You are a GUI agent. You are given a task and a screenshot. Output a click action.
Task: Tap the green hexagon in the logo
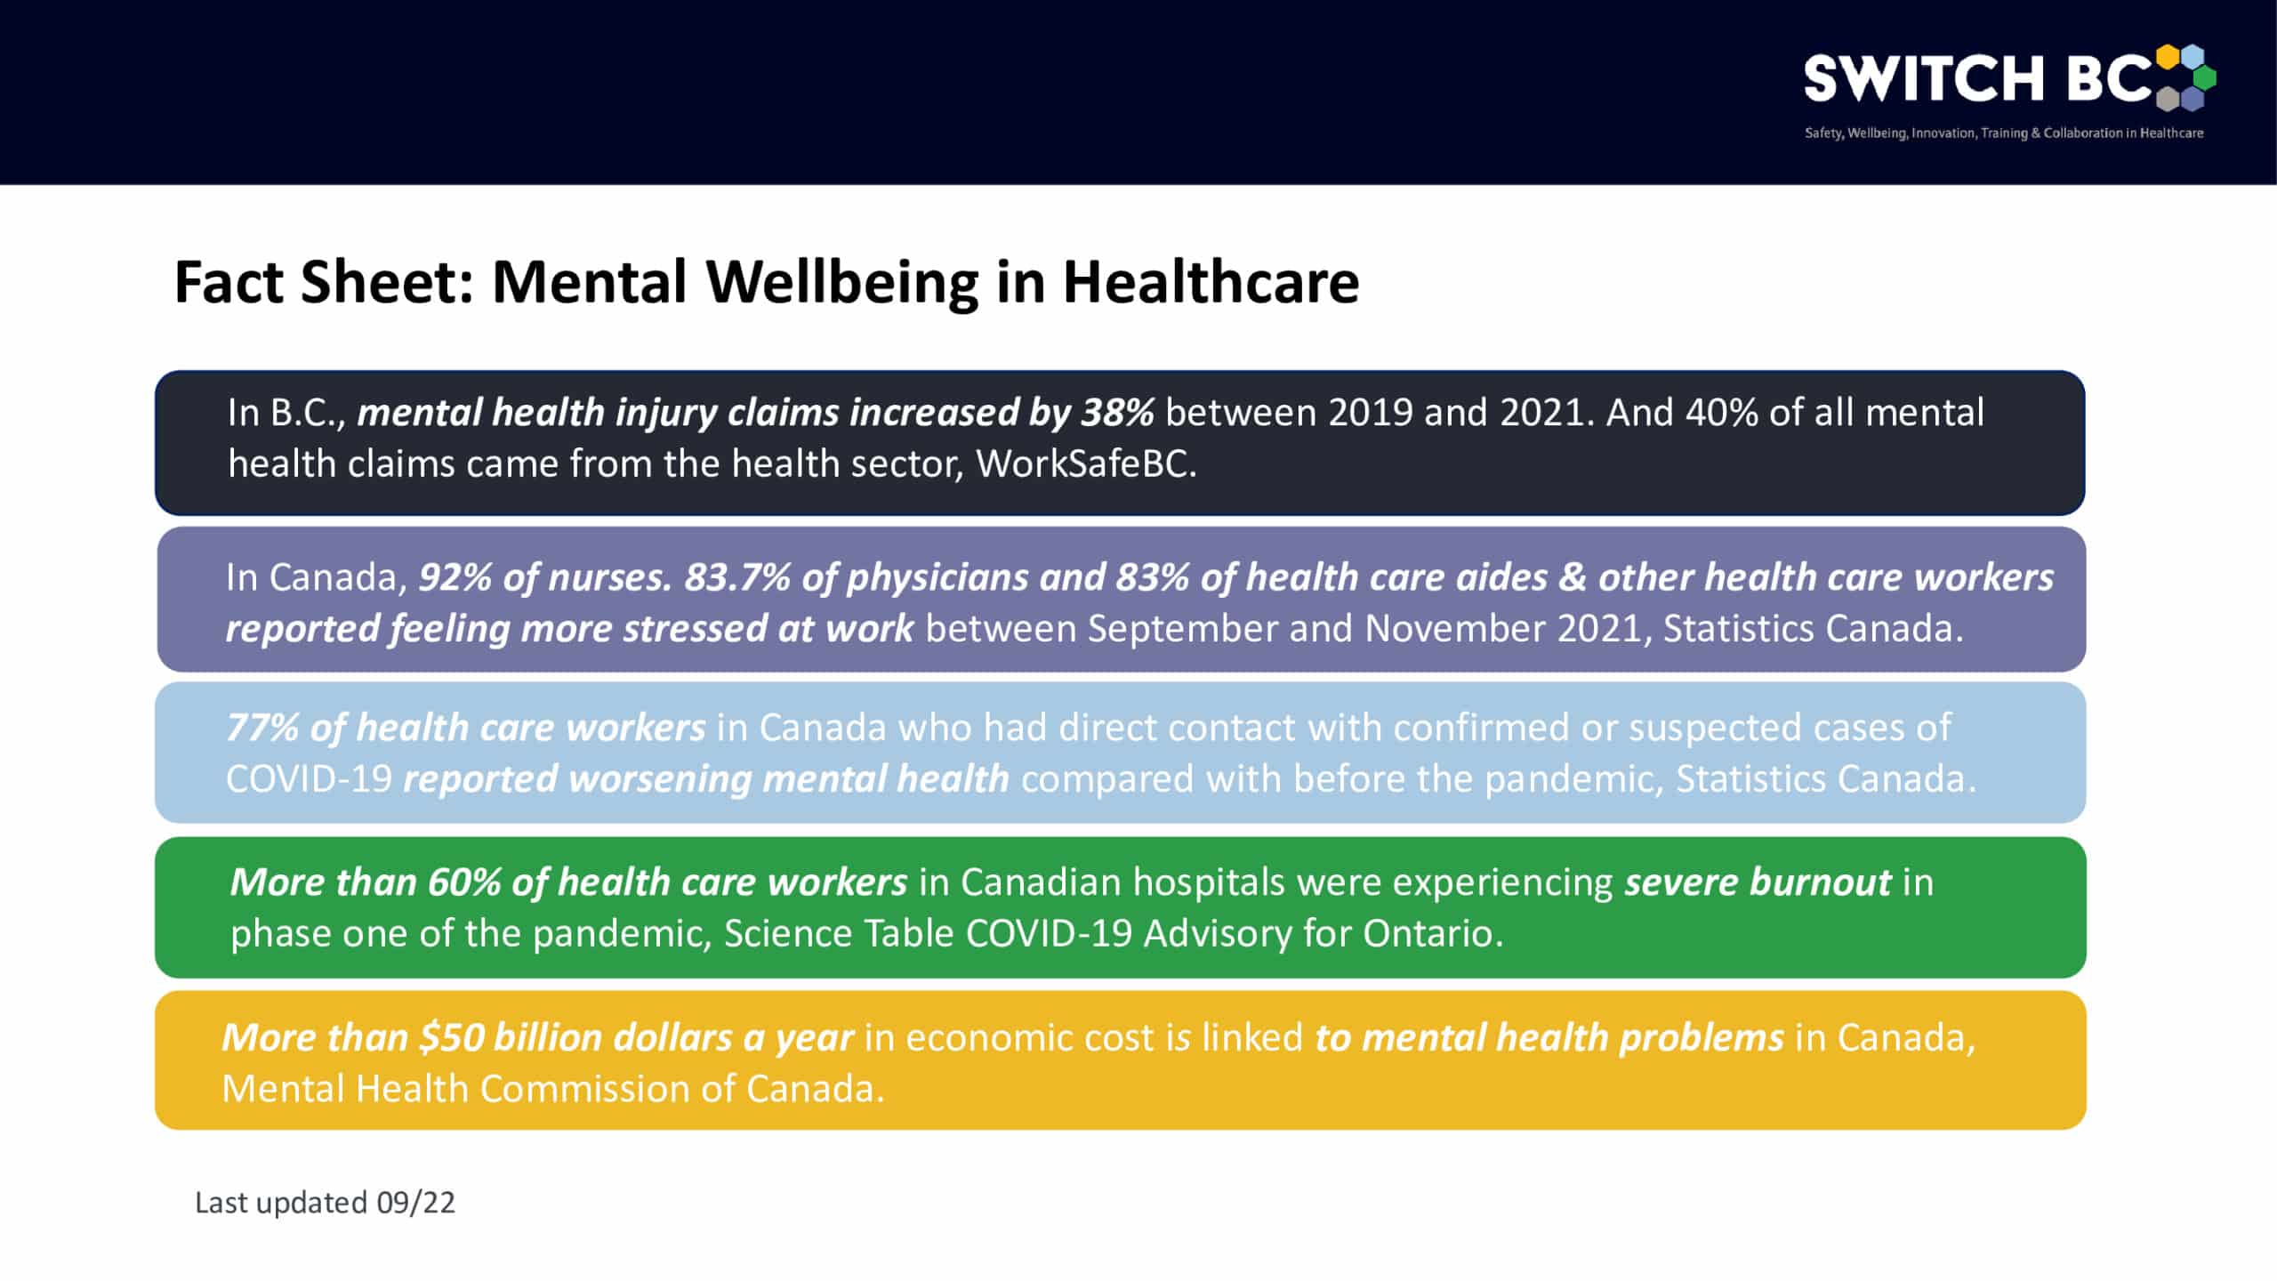(x=2204, y=77)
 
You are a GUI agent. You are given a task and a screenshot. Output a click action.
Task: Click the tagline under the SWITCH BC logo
(x=2003, y=133)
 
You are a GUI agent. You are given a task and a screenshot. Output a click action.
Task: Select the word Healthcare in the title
(x=1211, y=283)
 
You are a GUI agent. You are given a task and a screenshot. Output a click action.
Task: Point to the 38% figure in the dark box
(x=1117, y=413)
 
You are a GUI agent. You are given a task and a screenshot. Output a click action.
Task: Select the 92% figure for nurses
(x=455, y=578)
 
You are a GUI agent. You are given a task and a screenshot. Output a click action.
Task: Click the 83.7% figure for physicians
(x=737, y=578)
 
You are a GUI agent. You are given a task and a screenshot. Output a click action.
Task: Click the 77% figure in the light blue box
(x=262, y=728)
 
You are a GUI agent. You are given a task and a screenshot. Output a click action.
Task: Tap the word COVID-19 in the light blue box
(x=309, y=779)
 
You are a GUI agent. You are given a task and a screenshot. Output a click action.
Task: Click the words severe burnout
(x=1758, y=882)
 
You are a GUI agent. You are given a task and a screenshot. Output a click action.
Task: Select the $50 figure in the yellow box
(x=452, y=1038)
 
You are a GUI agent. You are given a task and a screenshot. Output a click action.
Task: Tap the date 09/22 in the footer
(x=415, y=1203)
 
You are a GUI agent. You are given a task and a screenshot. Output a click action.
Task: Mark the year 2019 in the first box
(x=1370, y=413)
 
